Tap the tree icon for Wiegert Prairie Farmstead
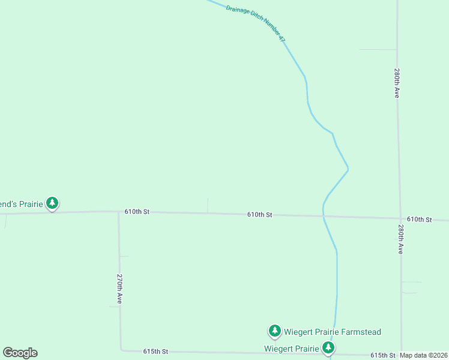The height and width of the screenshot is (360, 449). pyautogui.click(x=274, y=331)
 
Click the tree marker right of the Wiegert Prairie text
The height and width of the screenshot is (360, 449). pyautogui.click(x=328, y=347)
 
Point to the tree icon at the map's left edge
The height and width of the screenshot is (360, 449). pyautogui.click(x=53, y=203)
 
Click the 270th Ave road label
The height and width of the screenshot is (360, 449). pyautogui.click(x=120, y=289)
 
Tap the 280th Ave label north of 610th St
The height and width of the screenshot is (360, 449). pyautogui.click(x=397, y=83)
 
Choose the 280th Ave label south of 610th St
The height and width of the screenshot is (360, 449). pyautogui.click(x=400, y=240)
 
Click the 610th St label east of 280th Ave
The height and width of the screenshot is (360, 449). pyautogui.click(x=419, y=220)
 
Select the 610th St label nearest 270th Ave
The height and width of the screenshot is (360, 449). pyautogui.click(x=137, y=212)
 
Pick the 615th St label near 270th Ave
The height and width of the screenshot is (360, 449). pyautogui.click(x=155, y=351)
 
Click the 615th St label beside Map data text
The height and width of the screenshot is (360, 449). pyautogui.click(x=382, y=355)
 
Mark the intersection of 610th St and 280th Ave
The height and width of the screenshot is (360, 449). pyautogui.click(x=400, y=218)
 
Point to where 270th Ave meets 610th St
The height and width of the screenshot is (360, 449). pyautogui.click(x=118, y=212)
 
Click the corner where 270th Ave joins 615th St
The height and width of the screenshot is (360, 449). pyautogui.click(x=121, y=349)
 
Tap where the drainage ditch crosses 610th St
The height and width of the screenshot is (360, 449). pyautogui.click(x=324, y=215)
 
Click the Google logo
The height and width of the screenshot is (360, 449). pyautogui.click(x=20, y=353)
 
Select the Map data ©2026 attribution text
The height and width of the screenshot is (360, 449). pyautogui.click(x=424, y=355)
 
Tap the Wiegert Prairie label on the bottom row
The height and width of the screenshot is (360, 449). pyautogui.click(x=291, y=348)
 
